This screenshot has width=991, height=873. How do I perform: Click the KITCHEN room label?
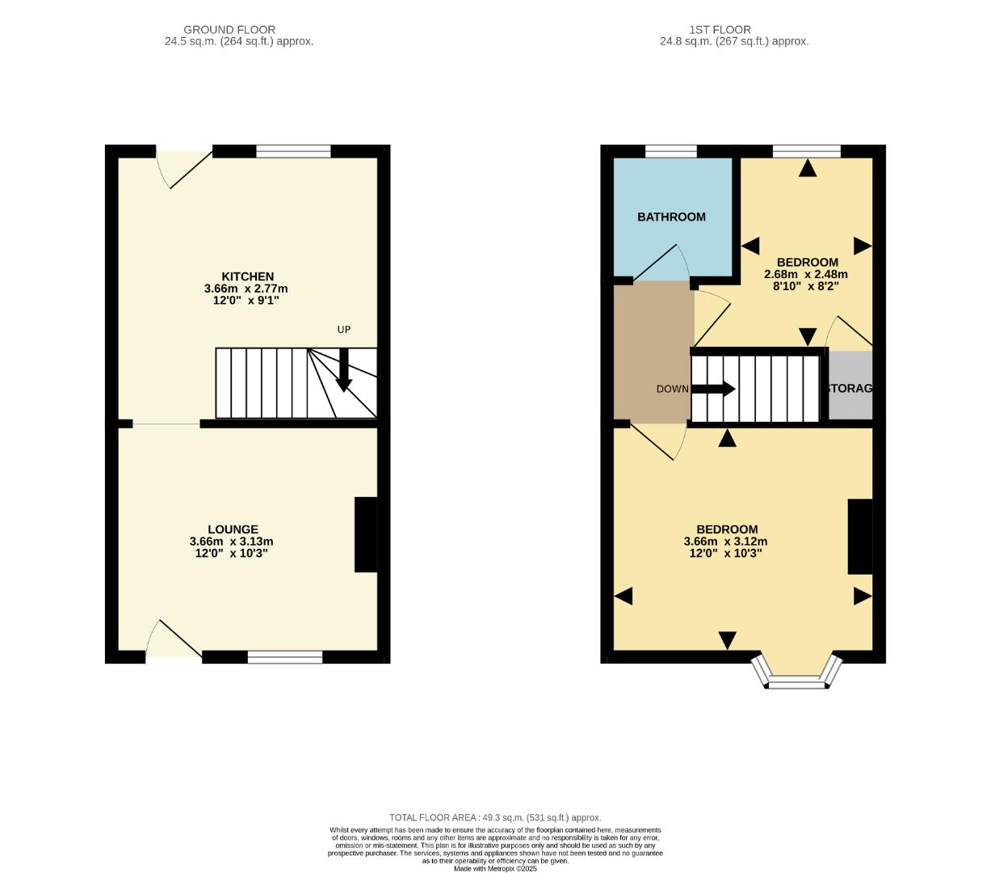pos(248,276)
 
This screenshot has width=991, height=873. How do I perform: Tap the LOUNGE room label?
pos(232,529)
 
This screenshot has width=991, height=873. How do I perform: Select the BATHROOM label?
pos(671,217)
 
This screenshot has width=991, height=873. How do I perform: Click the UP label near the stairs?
pos(344,330)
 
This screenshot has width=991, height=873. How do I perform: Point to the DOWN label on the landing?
pos(672,389)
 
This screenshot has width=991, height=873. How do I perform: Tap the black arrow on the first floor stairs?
pos(713,389)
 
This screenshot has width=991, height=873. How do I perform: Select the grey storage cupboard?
pos(850,386)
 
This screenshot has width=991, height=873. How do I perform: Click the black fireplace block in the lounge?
pos(366,534)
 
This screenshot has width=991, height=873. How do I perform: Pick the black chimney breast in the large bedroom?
pos(859,537)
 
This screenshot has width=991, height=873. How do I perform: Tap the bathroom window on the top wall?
pos(671,151)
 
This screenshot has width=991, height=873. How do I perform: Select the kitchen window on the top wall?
pos(293,151)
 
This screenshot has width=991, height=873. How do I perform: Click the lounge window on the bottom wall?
pos(285,657)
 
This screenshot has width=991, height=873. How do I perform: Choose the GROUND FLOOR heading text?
pos(229,29)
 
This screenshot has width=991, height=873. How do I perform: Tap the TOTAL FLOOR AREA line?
pos(495,817)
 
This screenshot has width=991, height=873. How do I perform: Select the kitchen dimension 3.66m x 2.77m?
pos(246,289)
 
